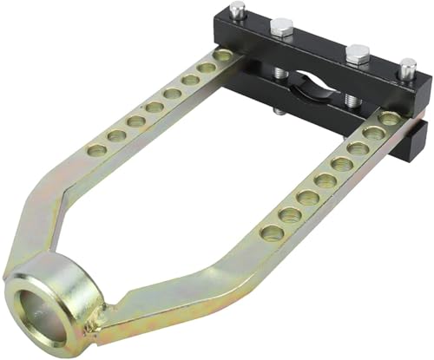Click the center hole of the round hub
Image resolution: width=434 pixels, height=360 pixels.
pos(40,311)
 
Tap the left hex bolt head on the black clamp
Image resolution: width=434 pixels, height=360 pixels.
pos(284,27)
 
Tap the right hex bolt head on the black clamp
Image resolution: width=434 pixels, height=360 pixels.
pos(356,55)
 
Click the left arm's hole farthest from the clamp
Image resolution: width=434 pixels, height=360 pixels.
pos(97,150)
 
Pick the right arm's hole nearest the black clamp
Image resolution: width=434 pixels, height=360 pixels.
pos(389,118)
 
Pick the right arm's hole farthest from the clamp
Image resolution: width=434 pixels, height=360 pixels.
pos(272,232)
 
